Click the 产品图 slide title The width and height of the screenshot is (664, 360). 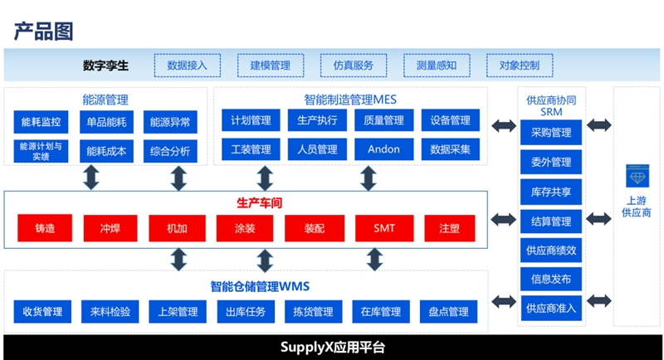point(44,32)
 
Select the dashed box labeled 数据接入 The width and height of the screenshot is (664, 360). point(188,66)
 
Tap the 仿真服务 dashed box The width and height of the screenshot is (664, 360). point(354,66)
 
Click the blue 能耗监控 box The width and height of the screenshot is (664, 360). point(41,122)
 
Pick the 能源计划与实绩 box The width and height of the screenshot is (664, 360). point(41,151)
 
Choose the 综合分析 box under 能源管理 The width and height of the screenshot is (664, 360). point(170,151)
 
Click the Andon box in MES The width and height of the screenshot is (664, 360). point(384,149)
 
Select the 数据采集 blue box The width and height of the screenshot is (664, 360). point(451,149)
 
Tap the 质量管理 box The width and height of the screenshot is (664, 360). point(384,120)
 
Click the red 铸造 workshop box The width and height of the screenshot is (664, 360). point(45,228)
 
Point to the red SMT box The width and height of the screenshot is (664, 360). point(384,228)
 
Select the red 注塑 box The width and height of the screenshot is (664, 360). point(450,228)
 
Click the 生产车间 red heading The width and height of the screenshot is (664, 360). point(259,203)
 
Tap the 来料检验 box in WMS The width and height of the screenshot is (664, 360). point(110,312)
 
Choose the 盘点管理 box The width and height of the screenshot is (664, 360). point(448,312)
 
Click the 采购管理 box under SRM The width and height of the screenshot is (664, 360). point(551,133)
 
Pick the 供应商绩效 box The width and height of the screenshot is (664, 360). point(551,250)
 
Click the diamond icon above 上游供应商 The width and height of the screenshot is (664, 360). point(637,176)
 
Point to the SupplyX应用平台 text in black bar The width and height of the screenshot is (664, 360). point(333,348)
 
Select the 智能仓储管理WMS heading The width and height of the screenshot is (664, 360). point(260,286)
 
